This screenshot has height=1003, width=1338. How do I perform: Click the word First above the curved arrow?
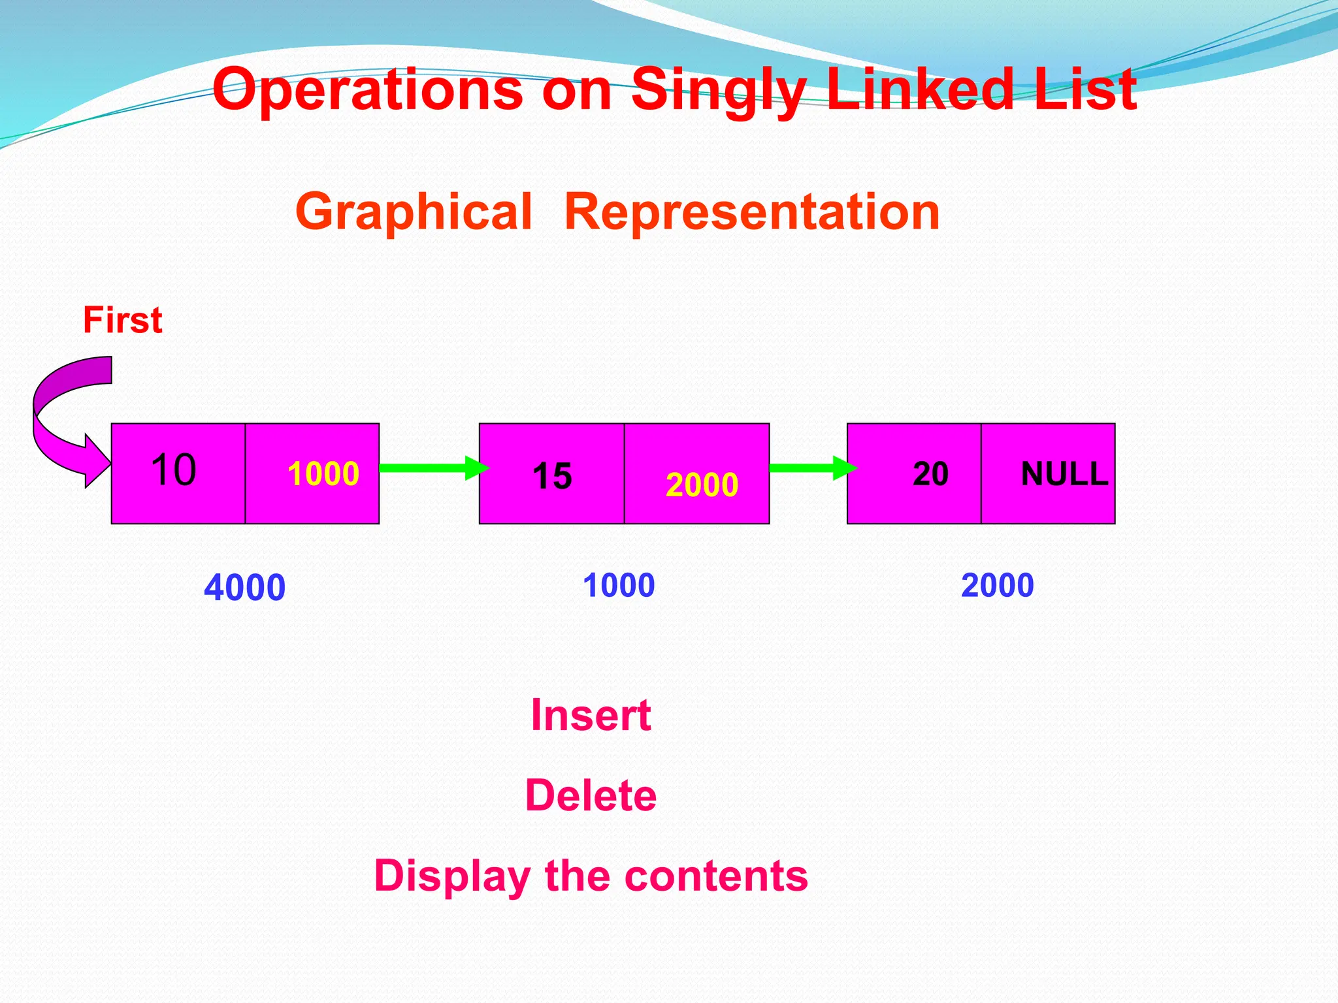[x=123, y=321]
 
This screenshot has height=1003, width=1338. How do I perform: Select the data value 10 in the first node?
[x=173, y=470]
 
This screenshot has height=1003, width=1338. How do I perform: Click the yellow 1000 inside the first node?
[x=323, y=473]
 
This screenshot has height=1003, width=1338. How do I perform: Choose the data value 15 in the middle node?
[x=552, y=476]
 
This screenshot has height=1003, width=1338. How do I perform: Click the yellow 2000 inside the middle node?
[x=702, y=485]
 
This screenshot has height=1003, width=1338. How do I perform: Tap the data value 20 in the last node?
[x=930, y=474]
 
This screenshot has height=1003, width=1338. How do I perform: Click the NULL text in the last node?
[x=1064, y=474]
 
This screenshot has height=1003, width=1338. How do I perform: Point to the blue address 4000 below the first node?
[x=244, y=588]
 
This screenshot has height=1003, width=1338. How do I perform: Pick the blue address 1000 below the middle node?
[x=619, y=585]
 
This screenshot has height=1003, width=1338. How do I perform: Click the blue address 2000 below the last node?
[x=997, y=585]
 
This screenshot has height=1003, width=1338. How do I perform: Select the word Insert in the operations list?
[x=591, y=715]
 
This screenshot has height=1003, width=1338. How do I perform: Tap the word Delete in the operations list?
[x=591, y=795]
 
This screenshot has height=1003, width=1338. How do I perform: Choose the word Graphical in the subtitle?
[x=414, y=212]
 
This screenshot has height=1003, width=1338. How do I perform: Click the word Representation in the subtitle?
[x=751, y=212]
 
